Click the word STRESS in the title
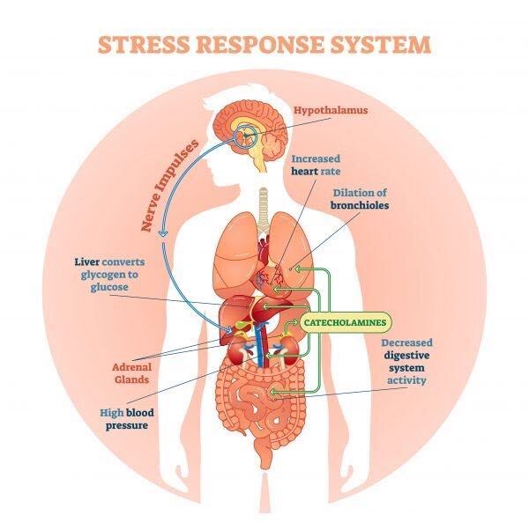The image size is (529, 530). click(144, 44)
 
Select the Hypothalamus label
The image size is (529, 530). click(331, 110)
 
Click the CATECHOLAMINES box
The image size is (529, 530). click(345, 322)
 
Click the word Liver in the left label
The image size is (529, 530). click(87, 262)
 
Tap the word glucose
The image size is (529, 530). click(109, 287)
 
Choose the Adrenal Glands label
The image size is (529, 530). click(131, 373)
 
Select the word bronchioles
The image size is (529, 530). click(360, 205)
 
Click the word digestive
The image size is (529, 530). click(406, 356)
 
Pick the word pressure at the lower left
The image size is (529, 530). click(127, 425)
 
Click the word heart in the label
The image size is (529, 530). click(304, 172)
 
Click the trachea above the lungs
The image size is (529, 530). click(264, 210)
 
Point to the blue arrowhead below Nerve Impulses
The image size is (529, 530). click(163, 232)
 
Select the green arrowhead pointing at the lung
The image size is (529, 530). click(298, 269)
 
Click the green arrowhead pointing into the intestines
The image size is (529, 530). click(272, 392)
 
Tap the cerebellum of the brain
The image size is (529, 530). click(273, 146)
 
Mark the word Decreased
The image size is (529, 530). click(406, 342)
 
